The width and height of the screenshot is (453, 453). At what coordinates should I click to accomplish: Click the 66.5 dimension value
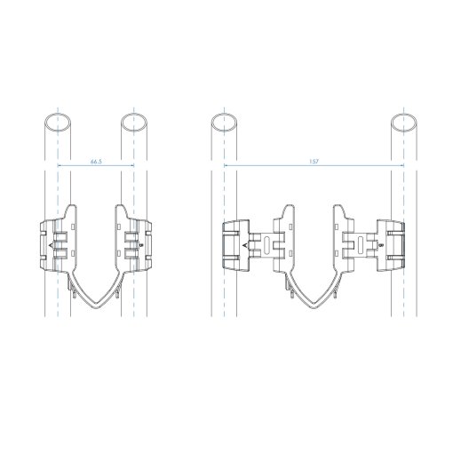(96, 162)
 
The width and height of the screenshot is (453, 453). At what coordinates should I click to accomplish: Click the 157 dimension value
(314, 162)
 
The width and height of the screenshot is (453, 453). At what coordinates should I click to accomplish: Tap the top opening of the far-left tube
(58, 123)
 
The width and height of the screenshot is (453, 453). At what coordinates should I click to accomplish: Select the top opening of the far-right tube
(404, 123)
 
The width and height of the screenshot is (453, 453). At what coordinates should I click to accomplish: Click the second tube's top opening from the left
(134, 123)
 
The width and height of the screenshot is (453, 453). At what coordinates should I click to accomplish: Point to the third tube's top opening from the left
(224, 123)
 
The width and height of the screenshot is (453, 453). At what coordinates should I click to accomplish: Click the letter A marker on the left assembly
(51, 245)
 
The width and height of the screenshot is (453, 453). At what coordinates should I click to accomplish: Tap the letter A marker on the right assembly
(245, 245)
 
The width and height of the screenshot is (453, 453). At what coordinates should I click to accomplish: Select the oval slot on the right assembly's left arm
(266, 245)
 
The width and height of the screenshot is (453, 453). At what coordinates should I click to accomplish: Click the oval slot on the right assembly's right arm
(361, 245)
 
